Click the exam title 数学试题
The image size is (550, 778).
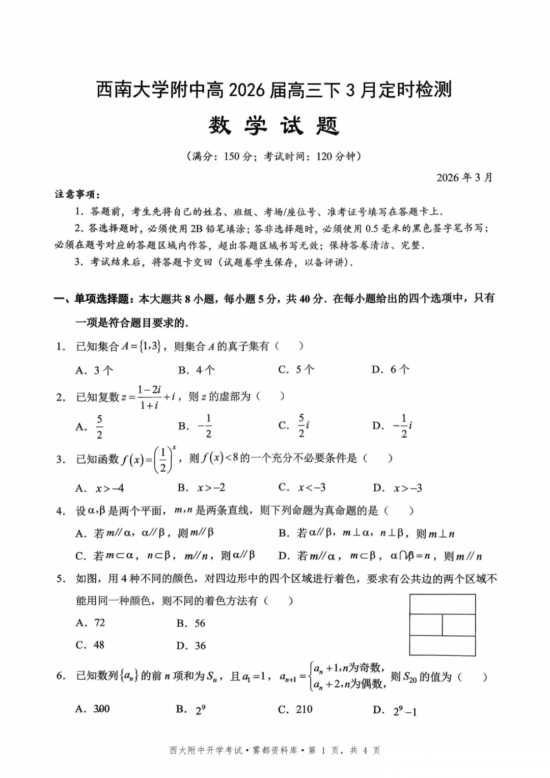pyautogui.click(x=274, y=126)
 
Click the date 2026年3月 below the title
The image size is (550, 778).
pyautogui.click(x=464, y=178)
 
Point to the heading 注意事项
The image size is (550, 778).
pyautogui.click(x=77, y=195)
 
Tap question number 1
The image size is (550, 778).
pyautogui.click(x=61, y=347)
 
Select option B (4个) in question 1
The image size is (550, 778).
pyautogui.click(x=197, y=370)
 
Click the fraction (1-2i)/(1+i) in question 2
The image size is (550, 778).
pyautogui.click(x=149, y=397)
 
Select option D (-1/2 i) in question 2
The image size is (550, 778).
pyautogui.click(x=392, y=426)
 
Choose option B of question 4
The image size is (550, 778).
pyautogui.click(x=366, y=533)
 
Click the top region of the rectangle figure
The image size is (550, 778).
pyautogui.click(x=442, y=605)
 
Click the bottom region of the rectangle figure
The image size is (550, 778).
pyautogui.click(x=442, y=646)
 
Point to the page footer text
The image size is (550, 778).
pyautogui.click(x=274, y=750)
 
